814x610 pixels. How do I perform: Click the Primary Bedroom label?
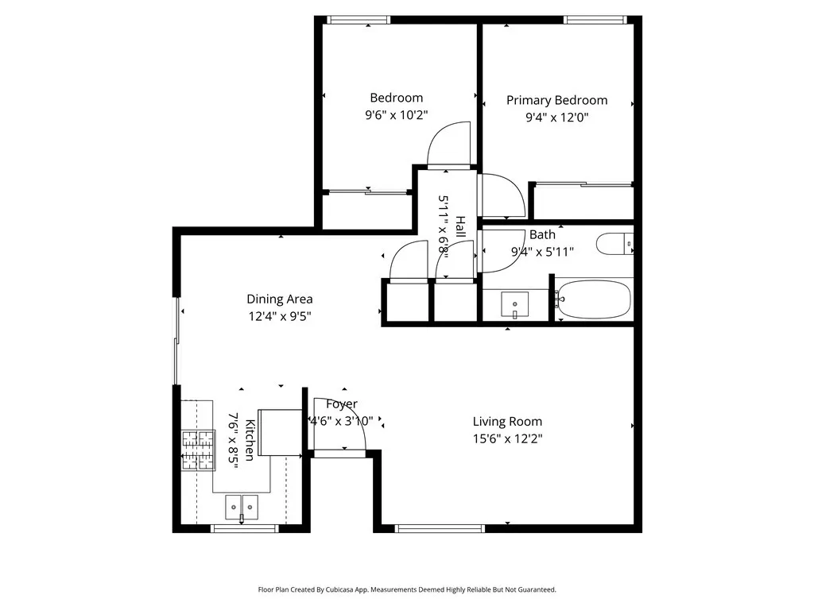point(556,100)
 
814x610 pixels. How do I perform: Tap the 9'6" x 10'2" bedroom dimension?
point(396,114)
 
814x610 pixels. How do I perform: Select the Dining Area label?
point(279,299)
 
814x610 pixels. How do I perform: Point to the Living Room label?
point(507,422)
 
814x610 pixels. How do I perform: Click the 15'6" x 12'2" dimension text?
point(507,438)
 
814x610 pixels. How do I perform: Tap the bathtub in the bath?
point(594,299)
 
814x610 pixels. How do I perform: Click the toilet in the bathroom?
point(614,244)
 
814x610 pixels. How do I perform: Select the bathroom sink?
point(514,304)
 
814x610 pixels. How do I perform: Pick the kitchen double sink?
point(242,508)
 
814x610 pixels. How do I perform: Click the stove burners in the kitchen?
point(198,450)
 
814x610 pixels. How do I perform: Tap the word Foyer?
point(342,404)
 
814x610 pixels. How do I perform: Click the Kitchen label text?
point(250,440)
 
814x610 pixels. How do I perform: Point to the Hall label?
point(460,226)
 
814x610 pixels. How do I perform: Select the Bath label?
point(542,235)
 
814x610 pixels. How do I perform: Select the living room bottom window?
point(440,528)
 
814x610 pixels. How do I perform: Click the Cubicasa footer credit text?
point(407,590)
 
